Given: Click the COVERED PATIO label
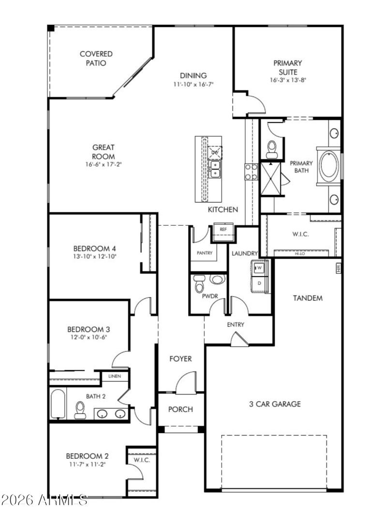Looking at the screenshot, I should [96, 58].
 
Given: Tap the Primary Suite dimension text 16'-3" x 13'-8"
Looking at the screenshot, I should [288, 80].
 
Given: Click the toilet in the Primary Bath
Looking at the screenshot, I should [272, 148].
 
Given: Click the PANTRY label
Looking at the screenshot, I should [205, 253].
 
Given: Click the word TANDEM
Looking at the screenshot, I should [308, 298].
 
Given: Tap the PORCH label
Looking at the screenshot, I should [180, 409].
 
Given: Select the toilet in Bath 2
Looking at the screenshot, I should [80, 410].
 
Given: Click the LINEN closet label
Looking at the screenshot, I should [115, 376].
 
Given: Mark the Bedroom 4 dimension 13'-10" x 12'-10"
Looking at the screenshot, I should [95, 257].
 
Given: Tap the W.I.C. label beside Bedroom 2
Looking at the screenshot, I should [142, 459].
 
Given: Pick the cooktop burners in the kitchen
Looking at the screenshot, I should [251, 172].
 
